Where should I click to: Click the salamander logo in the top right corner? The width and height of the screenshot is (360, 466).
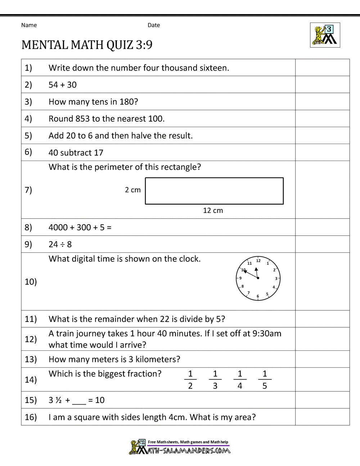click(325, 35)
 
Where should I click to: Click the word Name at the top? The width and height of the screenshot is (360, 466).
click(29, 25)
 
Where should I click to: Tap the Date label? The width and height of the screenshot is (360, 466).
click(154, 25)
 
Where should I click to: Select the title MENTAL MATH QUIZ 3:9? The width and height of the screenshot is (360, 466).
click(87, 45)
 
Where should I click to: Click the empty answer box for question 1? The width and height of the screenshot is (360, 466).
click(322, 68)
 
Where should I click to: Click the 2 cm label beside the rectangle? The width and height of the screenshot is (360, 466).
click(133, 190)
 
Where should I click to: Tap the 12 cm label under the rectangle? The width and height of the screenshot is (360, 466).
click(213, 211)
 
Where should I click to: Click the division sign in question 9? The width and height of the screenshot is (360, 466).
click(62, 245)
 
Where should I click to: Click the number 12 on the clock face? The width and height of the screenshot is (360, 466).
click(258, 260)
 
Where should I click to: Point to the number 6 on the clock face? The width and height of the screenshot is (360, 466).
click(258, 296)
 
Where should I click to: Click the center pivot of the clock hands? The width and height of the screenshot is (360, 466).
click(258, 278)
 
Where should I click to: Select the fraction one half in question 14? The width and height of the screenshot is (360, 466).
click(190, 380)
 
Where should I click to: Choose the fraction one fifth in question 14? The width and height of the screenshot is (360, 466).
click(265, 380)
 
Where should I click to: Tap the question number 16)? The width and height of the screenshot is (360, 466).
click(31, 417)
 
